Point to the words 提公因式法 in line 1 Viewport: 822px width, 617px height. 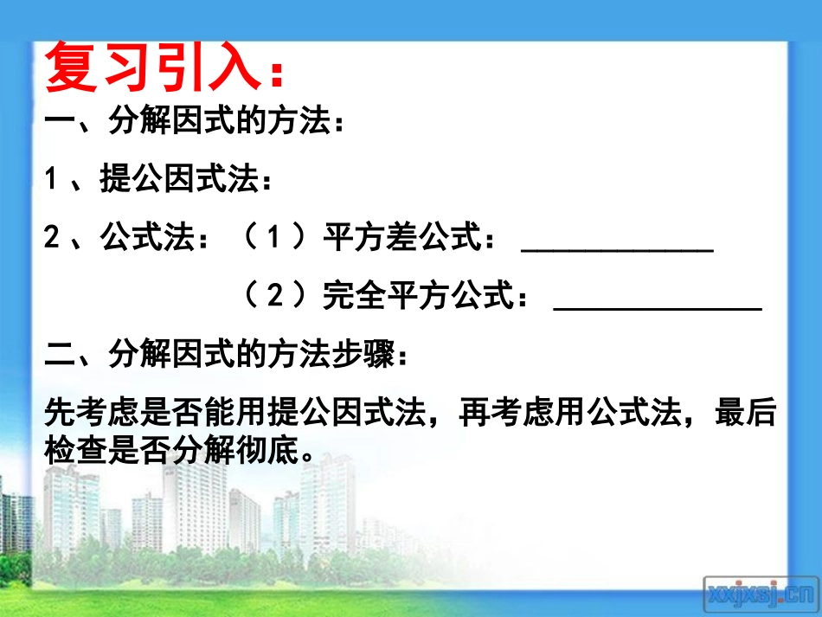coord(179,181)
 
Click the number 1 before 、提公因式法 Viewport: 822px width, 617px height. coord(52,181)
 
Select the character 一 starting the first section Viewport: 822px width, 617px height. coord(60,123)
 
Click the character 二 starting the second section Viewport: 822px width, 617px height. coord(60,354)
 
